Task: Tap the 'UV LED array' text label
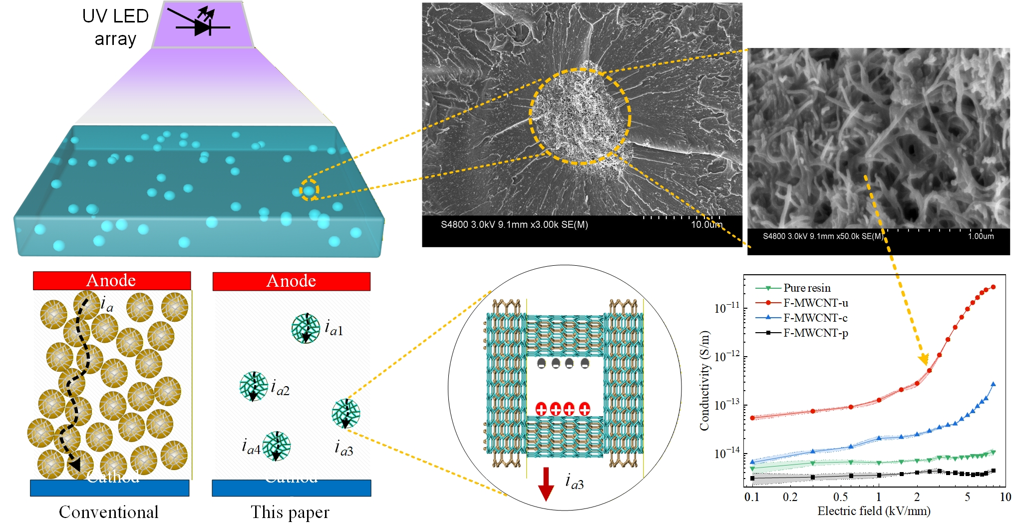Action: point(115,27)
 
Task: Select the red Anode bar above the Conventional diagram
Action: point(111,280)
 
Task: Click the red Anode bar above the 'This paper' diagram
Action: point(291,281)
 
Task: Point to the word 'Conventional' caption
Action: point(109,512)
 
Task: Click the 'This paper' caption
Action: point(290,512)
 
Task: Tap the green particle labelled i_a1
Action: point(306,328)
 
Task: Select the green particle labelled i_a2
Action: point(253,386)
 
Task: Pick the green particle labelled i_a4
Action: point(276,446)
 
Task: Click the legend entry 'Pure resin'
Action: point(807,288)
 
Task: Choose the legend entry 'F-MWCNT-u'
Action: point(815,303)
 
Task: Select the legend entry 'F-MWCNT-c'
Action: point(815,318)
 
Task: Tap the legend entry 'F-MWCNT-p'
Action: point(815,333)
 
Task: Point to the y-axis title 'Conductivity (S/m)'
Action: point(704,381)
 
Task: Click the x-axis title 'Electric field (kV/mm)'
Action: point(874,511)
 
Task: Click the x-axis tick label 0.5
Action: point(841,497)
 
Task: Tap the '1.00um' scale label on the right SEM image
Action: point(981,236)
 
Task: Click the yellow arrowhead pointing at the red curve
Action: point(924,360)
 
